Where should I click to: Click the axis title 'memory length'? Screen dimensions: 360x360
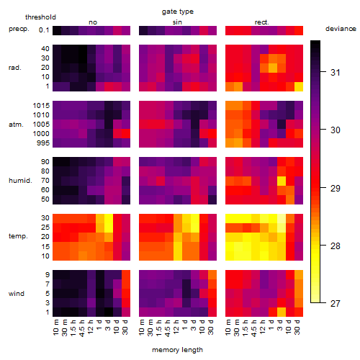177,350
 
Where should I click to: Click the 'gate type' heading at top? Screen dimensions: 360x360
178,12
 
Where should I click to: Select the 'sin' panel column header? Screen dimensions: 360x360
177,22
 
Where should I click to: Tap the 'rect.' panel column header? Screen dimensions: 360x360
261,22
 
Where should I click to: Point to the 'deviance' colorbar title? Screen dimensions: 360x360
341,29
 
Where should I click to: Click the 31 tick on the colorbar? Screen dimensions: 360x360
336,72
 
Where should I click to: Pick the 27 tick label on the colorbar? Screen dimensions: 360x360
336,304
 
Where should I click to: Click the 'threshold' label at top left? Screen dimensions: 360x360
40,17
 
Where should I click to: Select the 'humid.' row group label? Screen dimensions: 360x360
20,181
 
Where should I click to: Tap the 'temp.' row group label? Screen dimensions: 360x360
18,236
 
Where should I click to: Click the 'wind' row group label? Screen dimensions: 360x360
17,294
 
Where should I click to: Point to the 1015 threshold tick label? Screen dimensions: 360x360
41,105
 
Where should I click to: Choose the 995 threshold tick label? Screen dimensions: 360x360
43,143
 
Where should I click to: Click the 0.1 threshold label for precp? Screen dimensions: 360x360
44,30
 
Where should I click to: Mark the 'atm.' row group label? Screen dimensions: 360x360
16,125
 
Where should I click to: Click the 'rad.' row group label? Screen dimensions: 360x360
15,68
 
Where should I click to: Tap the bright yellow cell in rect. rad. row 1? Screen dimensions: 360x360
299,86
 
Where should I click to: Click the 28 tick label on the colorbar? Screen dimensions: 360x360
336,246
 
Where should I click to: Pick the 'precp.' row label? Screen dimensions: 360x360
19,29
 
